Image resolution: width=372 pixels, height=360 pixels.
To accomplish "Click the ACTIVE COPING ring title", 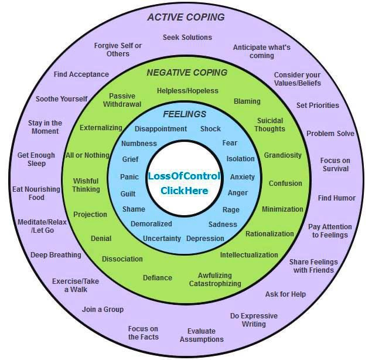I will [186, 17].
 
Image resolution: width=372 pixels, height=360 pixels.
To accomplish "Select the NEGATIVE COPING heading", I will [187, 73].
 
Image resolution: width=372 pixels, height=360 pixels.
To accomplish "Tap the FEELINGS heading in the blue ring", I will [185, 114].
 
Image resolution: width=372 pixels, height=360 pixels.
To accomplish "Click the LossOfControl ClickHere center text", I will [184, 183].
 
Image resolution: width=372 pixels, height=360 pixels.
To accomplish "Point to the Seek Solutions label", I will [187, 38].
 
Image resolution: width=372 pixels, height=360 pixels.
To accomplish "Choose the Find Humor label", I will [336, 198].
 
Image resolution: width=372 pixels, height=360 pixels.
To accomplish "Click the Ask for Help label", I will [285, 294].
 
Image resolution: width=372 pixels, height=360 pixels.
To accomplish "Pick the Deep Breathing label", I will [56, 255].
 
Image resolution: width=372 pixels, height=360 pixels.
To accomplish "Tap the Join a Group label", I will [103, 309].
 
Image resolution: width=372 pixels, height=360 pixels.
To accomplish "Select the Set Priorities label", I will [318, 106].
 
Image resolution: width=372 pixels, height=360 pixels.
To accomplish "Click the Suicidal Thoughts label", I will [270, 125].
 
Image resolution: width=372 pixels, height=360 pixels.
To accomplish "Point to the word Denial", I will [101, 239].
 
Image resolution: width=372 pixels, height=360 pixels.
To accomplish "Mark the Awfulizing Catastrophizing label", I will [215, 280].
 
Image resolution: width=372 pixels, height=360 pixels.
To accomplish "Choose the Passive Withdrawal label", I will [122, 100].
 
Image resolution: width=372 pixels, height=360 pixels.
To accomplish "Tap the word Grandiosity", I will [283, 155].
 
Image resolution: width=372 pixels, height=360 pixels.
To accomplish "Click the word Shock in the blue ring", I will [210, 129].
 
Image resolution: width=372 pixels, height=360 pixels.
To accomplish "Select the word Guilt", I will [128, 193].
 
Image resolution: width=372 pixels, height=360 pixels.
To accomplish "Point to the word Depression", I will [205, 239].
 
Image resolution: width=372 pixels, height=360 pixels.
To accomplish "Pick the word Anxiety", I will [242, 177].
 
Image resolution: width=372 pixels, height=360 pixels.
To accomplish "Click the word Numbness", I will [139, 144].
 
